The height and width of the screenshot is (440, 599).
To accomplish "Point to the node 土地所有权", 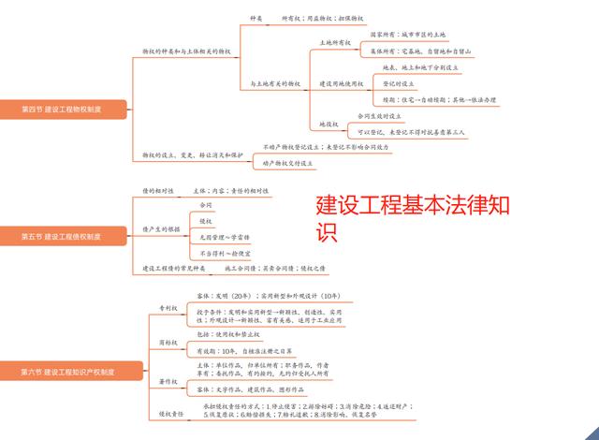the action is [x=336, y=42].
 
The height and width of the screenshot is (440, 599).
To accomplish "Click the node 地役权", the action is [x=329, y=124].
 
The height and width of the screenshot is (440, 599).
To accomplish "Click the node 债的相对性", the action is [x=158, y=190].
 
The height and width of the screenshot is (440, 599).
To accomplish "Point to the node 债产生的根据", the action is [x=162, y=228].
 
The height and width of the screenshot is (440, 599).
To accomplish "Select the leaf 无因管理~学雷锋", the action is [x=224, y=238].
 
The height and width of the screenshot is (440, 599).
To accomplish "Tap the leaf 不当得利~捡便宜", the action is [x=224, y=253].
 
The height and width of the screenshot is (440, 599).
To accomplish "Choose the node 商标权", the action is [x=168, y=343].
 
